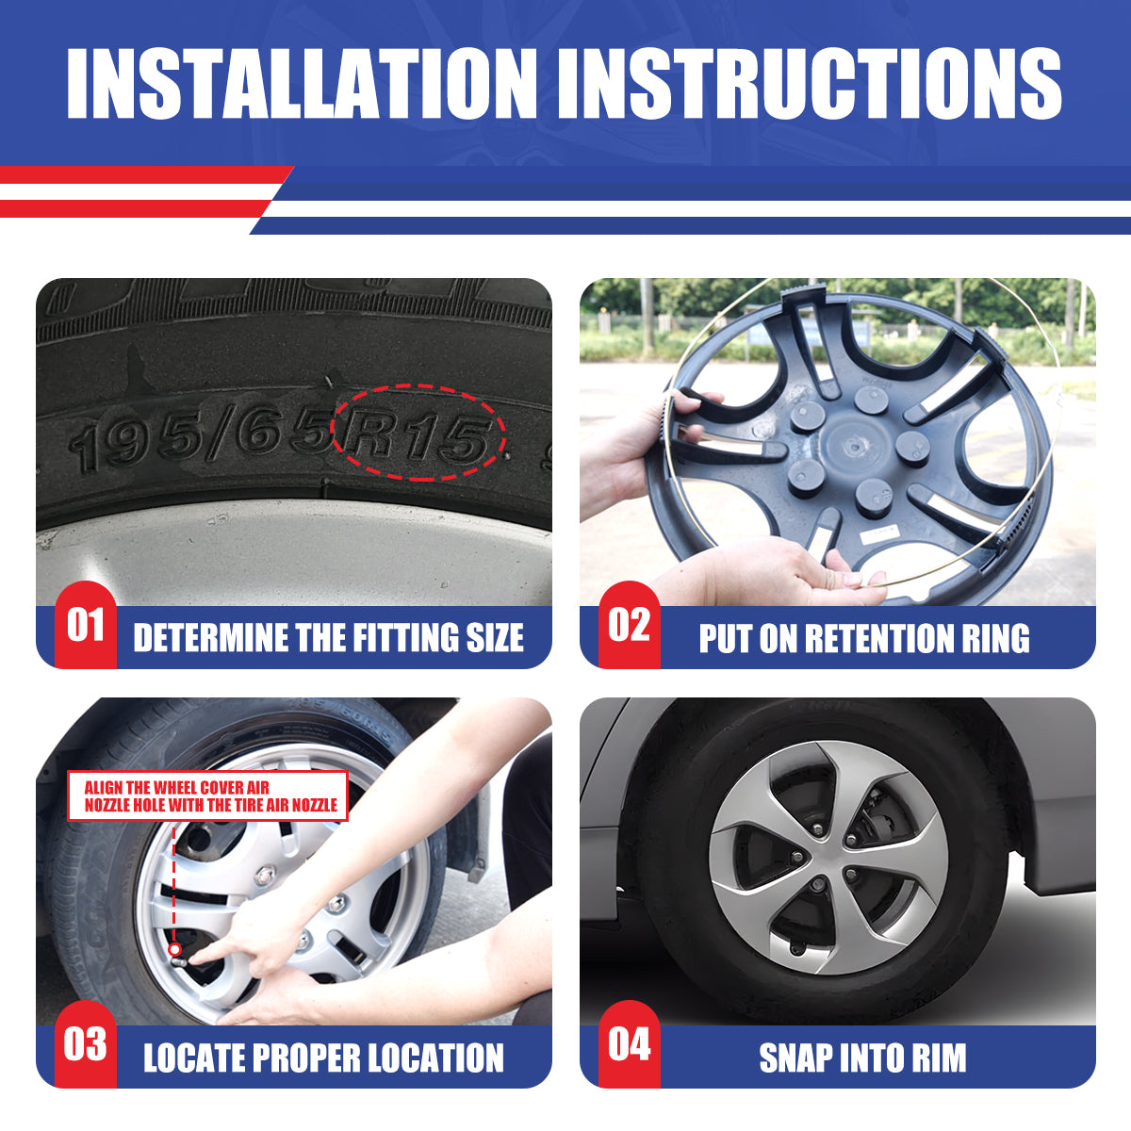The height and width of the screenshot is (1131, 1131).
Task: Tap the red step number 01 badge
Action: click(85, 626)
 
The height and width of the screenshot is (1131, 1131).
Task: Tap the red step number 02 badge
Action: click(629, 626)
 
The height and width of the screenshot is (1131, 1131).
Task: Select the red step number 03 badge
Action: click(85, 1044)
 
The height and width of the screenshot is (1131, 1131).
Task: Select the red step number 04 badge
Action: click(629, 1044)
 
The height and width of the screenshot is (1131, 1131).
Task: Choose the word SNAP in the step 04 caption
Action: click(795, 1057)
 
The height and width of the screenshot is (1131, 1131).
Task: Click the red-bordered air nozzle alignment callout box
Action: click(208, 796)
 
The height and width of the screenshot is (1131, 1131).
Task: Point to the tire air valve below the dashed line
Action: click(175, 950)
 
